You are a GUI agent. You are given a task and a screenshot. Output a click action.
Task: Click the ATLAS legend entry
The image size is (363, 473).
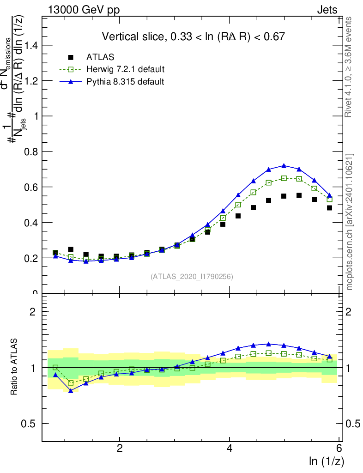(x=101, y=57)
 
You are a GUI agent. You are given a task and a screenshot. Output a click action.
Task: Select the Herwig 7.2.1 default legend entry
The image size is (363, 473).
(x=125, y=69)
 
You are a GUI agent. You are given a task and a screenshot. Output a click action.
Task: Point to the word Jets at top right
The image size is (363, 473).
(x=327, y=10)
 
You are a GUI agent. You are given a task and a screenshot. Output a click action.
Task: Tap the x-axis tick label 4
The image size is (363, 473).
(x=230, y=449)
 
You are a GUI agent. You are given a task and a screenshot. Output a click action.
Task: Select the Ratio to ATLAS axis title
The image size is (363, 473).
(x=14, y=366)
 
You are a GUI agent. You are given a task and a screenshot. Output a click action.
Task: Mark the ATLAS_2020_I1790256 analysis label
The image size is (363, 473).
(x=192, y=277)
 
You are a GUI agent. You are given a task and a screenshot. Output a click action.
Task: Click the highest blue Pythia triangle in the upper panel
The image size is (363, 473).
(x=284, y=166)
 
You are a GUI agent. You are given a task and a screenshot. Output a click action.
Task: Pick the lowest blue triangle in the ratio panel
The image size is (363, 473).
(x=71, y=391)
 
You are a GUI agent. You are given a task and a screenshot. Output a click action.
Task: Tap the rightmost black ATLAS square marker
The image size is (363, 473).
(x=329, y=208)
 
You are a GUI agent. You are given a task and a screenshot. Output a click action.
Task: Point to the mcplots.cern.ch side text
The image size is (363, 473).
(x=350, y=222)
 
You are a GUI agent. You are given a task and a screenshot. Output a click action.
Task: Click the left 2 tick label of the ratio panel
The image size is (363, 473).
(x=32, y=312)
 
